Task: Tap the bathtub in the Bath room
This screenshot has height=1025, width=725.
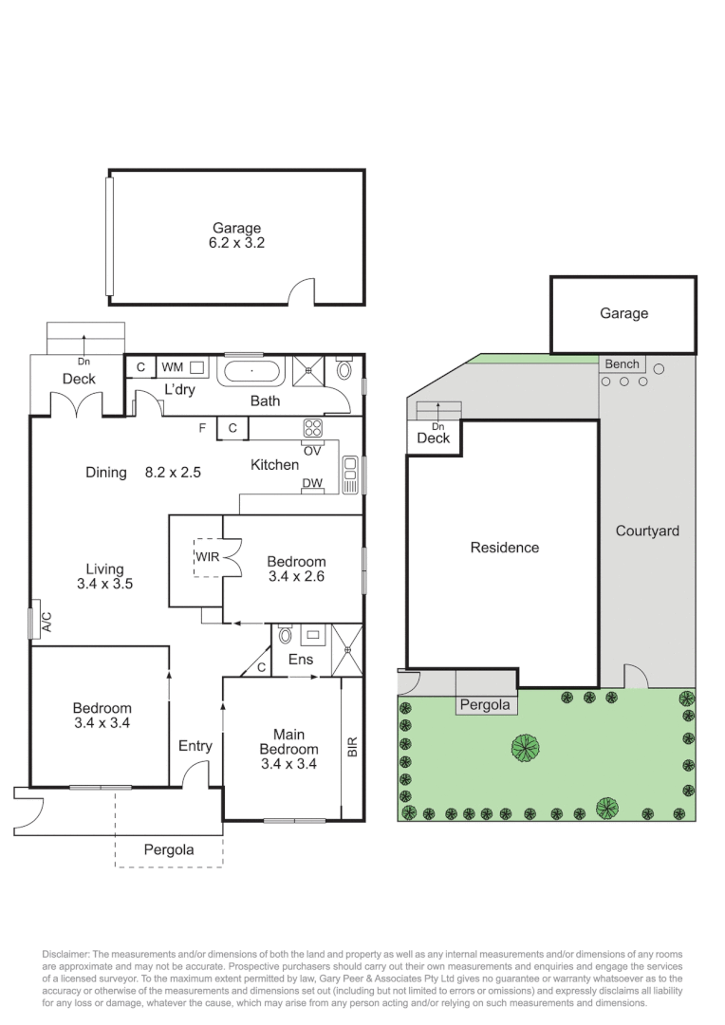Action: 252,370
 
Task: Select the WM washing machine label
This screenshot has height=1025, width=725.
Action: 172,366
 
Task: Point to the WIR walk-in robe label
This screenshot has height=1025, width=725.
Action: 208,556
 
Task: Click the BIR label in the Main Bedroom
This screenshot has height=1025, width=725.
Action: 352,747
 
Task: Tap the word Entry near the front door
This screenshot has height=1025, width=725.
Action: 195,746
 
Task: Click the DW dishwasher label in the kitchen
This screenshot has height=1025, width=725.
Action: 311,484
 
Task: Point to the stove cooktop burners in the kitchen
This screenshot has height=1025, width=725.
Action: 313,428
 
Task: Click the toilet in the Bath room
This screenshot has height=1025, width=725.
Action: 344,369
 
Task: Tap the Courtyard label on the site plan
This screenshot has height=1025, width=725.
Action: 647,531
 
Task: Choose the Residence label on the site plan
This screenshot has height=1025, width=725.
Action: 504,548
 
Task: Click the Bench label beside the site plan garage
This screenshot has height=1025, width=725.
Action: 623,364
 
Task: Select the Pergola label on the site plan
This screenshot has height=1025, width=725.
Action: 485,705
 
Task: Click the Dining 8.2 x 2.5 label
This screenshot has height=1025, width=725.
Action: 142,471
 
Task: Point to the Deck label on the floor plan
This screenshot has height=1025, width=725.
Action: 79,379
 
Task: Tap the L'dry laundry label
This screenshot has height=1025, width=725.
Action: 180,390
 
